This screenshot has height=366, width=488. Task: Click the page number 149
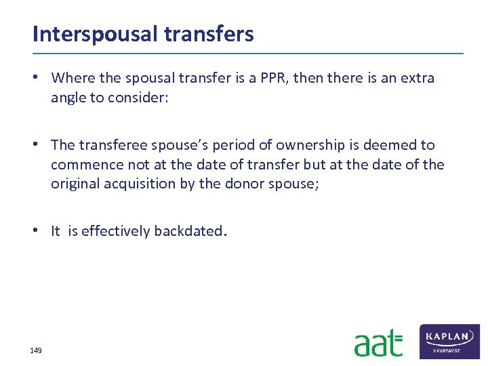coord(36,350)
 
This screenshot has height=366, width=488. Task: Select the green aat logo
coord(378,344)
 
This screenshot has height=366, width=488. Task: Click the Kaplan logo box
coord(449,341)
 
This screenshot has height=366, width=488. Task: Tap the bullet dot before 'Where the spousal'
coord(42,78)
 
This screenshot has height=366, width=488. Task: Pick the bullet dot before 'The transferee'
coord(42,145)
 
